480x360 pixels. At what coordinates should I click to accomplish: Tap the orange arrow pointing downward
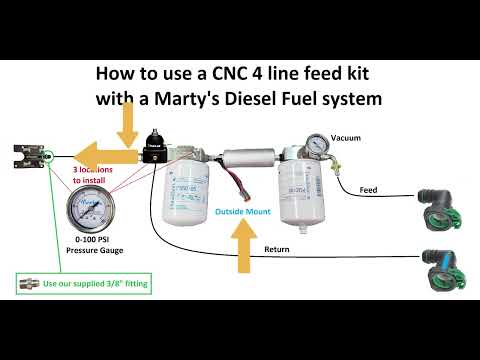point(128,125)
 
